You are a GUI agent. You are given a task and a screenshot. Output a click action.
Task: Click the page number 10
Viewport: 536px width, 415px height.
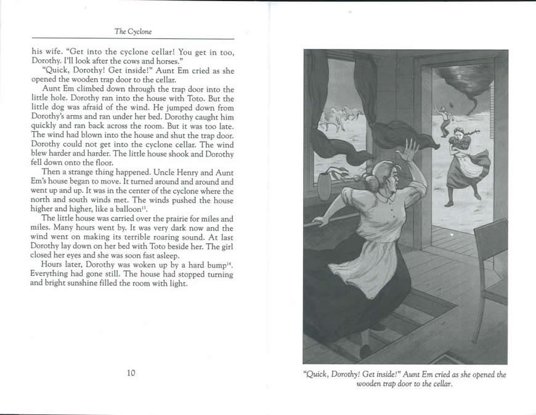pyautogui.click(x=131, y=373)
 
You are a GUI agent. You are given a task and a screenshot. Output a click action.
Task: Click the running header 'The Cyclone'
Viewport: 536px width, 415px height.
pyautogui.click(x=133, y=31)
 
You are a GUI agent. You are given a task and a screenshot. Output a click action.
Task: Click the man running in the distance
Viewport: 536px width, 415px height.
pyautogui.click(x=445, y=120)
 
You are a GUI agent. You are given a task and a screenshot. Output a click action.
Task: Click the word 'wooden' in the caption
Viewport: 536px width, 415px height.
pyautogui.click(x=372, y=384)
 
